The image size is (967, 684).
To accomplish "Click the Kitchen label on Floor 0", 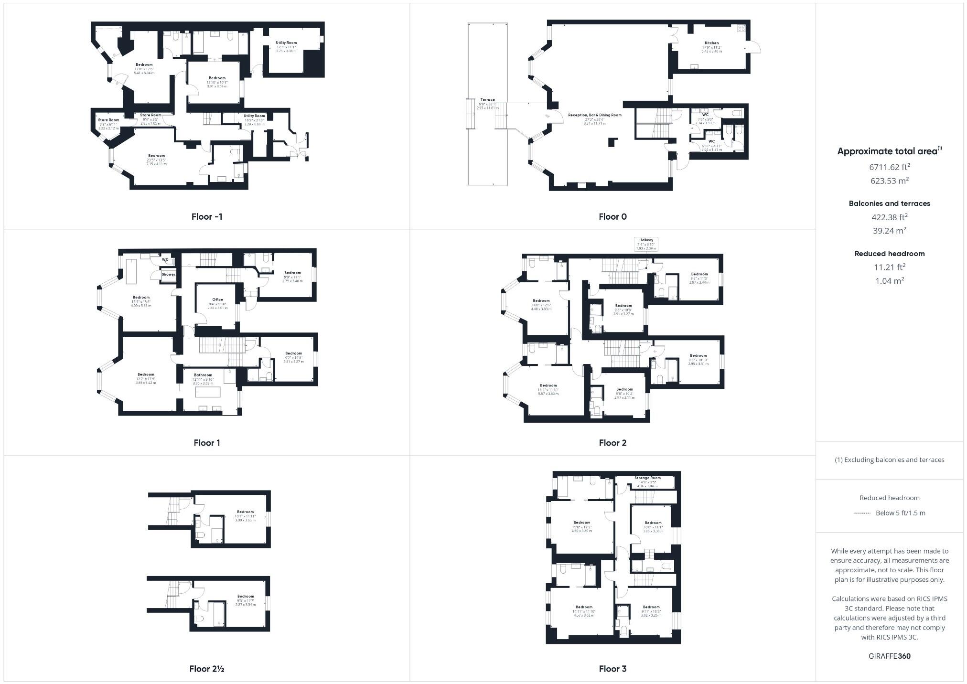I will point(711,43).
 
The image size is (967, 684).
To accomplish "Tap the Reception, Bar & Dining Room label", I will point(595,115).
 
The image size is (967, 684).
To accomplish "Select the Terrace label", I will point(487,100).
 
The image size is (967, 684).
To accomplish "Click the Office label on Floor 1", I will point(218,299).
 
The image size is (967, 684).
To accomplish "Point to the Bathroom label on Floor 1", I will point(203,375).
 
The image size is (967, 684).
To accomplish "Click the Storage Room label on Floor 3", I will point(647,478).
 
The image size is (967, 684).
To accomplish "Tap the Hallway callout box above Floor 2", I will point(646,244).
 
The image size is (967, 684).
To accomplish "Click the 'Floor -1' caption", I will point(207,216).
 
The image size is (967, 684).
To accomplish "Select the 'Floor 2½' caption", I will point(207,669).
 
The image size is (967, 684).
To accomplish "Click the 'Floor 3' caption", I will point(612,669).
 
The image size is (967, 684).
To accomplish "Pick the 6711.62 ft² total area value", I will point(889,167).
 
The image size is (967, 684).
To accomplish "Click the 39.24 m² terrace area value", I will point(889,230).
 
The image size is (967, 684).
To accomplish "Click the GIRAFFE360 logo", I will point(889,656).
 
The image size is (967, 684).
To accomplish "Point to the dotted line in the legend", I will point(861,513).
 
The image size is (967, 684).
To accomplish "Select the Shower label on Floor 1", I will point(168,274).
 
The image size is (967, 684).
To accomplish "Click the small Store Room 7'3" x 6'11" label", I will point(108,120).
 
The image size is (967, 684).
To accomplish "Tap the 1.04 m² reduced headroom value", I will point(889,281).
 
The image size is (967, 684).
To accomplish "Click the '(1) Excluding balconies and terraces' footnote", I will point(889,460).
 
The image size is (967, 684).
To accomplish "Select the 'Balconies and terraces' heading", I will point(889,203).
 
